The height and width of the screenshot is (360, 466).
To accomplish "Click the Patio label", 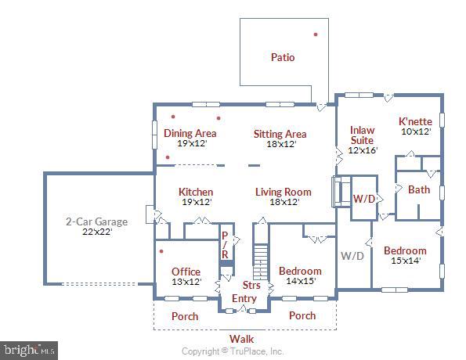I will (x=283, y=57).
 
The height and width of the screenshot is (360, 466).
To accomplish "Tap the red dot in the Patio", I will (x=316, y=34).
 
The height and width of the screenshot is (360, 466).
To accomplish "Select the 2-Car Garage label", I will (x=96, y=221).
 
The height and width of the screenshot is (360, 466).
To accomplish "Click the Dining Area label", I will (x=190, y=134).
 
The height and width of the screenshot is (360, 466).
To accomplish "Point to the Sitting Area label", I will (x=280, y=135).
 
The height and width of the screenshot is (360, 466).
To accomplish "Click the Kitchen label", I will (x=196, y=192).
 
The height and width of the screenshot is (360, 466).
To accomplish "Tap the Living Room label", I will (x=283, y=192).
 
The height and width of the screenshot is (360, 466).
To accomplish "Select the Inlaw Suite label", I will (x=362, y=135).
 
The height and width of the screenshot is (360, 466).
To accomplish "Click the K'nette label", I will (x=415, y=122).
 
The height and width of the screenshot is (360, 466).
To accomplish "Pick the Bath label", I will (x=419, y=189).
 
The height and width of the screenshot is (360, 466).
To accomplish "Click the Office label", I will (x=186, y=272).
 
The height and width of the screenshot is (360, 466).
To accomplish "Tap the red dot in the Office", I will (x=162, y=252).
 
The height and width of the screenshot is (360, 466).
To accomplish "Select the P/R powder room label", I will (x=225, y=245).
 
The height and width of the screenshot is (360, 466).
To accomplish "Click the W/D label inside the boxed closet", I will (x=363, y=199).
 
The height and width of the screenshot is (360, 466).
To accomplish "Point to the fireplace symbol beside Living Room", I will (x=338, y=192).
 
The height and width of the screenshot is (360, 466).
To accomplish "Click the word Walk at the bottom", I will (x=241, y=338).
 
